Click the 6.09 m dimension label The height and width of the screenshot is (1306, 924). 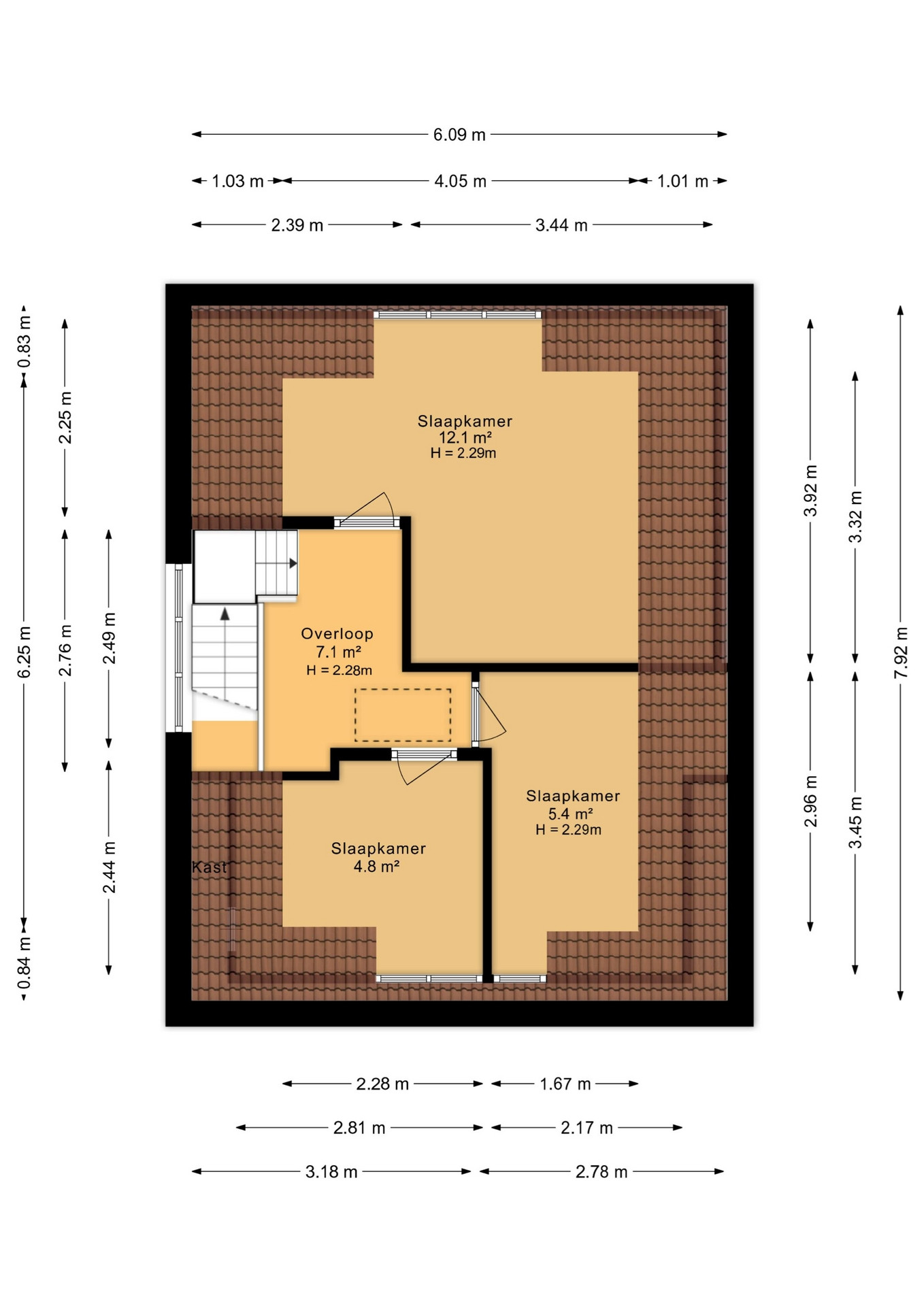point(459,135)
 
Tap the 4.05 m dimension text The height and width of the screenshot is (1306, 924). point(460,182)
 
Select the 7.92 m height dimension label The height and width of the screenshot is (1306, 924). point(901,652)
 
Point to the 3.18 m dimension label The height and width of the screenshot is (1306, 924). point(331,1172)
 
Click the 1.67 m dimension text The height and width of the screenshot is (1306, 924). point(565,1084)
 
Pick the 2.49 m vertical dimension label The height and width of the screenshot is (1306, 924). point(109,638)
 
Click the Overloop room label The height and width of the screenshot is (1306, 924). point(337,634)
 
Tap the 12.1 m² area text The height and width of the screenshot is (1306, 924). point(465,437)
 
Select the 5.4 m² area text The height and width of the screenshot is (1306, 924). point(570,814)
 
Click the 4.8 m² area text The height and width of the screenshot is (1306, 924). point(376,866)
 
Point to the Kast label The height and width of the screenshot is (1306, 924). point(210,867)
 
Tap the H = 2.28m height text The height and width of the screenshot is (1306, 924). point(339,670)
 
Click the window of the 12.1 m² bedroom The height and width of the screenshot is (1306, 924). point(457,314)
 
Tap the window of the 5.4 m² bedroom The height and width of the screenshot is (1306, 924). point(520,979)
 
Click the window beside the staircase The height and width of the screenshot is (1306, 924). point(178,648)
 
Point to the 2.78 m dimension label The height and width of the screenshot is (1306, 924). point(601,1172)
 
